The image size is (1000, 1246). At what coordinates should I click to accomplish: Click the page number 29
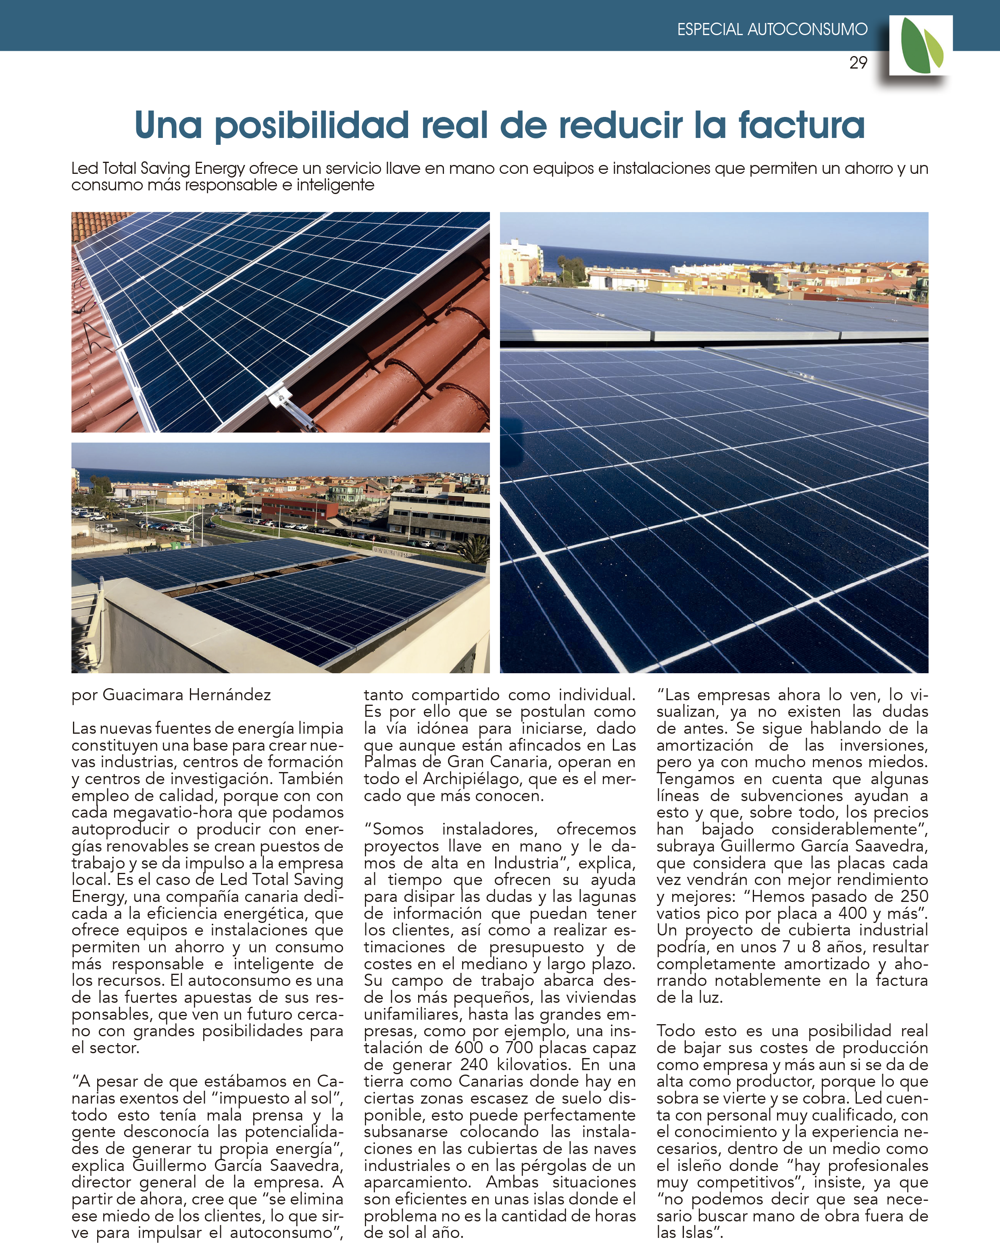pyautogui.click(x=858, y=63)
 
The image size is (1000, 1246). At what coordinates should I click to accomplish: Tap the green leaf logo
pyautogui.click(x=921, y=46)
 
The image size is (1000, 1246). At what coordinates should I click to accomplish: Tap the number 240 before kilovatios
pyautogui.click(x=474, y=1064)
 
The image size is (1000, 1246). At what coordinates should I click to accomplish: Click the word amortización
pyautogui.click(x=704, y=745)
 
